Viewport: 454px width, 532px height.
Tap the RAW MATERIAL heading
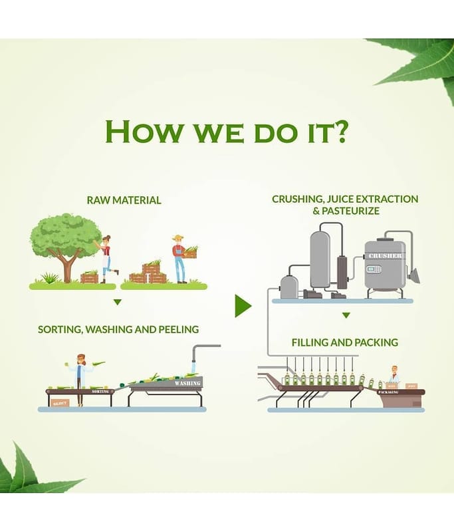[124, 199]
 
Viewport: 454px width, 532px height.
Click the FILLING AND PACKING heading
[344, 342]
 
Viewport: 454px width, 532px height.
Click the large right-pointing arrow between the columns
[243, 306]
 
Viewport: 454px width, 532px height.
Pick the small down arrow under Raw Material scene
[118, 302]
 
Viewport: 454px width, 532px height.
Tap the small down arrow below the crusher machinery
[346, 315]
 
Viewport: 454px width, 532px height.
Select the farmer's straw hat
[177, 238]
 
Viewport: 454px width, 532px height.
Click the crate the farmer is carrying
[190, 253]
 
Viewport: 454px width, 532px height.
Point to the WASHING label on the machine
[187, 383]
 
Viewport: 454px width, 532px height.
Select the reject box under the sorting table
[60, 402]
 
